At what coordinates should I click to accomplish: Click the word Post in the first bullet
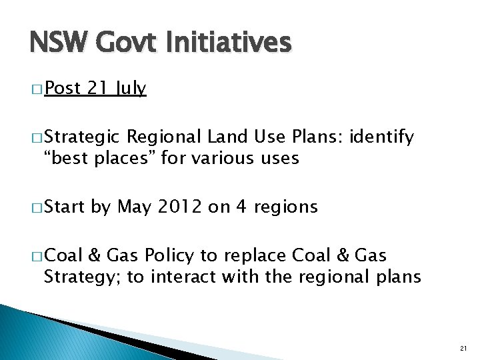click(x=62, y=89)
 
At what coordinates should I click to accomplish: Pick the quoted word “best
click(x=65, y=158)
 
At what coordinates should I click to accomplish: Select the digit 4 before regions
click(x=241, y=207)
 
